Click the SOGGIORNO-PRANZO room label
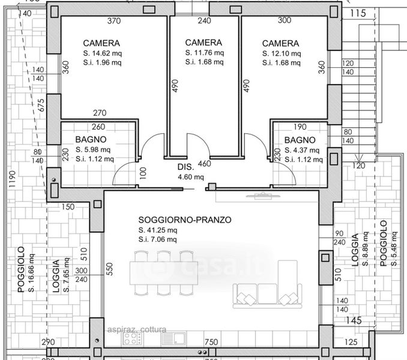tap(185, 220)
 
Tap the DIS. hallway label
tap(186, 167)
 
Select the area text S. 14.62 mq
tap(103, 53)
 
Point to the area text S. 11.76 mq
tap(205, 53)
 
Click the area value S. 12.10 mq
tap(282, 53)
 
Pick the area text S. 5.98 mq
tap(93, 149)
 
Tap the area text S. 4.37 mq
tap(302, 150)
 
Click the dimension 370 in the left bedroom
tap(114, 21)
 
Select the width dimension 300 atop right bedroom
tap(285, 20)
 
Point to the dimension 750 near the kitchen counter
tap(211, 342)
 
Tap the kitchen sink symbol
tap(173, 338)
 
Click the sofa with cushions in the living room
tap(267, 296)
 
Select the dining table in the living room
tap(164, 273)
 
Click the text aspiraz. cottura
tap(137, 329)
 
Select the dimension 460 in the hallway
tap(205, 164)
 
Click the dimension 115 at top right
tap(358, 13)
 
